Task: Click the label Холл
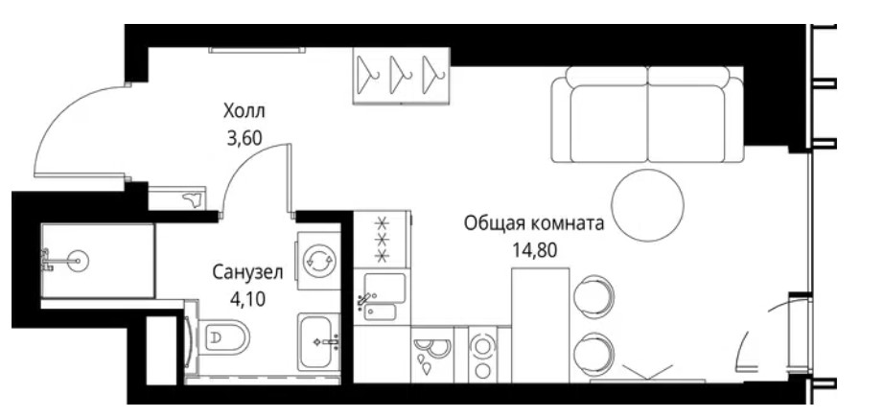pos(244,111)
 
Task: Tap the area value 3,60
pos(244,138)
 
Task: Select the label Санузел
pos(247,273)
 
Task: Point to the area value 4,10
pos(247,297)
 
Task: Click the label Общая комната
pos(534,223)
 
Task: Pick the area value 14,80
pos(534,249)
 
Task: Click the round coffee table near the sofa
pos(648,205)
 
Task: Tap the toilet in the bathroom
pos(221,338)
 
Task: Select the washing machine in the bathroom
pos(318,261)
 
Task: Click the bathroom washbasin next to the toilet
pos(319,341)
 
